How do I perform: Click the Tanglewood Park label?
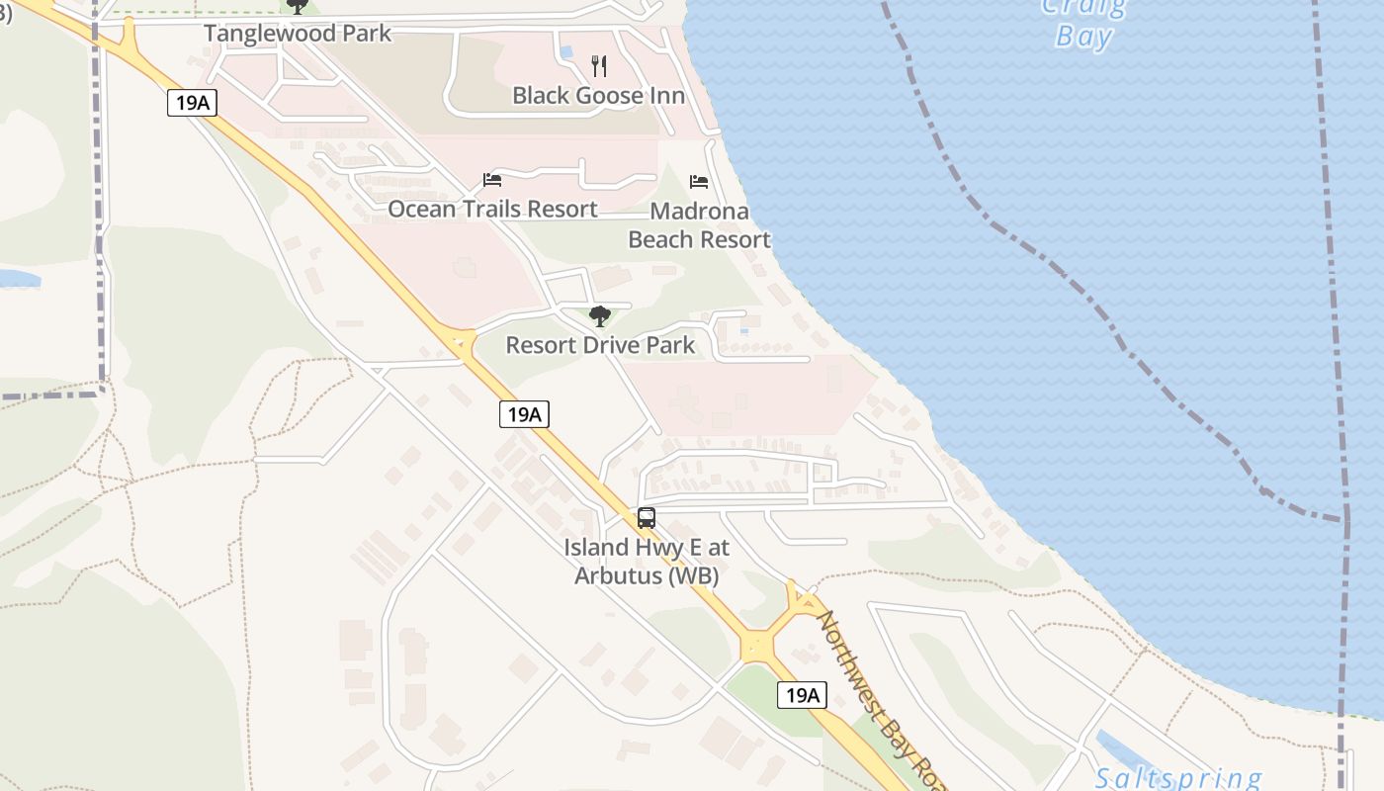point(298,33)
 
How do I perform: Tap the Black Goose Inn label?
point(598,96)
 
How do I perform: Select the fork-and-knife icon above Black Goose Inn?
point(598,66)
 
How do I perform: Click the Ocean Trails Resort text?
point(492,209)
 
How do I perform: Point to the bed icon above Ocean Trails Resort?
point(492,180)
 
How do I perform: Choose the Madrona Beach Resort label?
point(699,225)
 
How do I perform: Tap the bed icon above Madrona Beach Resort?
point(699,182)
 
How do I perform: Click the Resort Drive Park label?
point(600,345)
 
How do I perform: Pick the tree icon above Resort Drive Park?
point(599,316)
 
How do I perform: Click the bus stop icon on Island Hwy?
point(646,517)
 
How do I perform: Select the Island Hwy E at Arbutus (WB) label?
point(646,561)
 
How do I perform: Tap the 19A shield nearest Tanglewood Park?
point(192,102)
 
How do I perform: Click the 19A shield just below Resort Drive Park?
point(523,414)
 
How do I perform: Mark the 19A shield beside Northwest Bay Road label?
point(801,695)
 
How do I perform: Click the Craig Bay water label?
point(1084,22)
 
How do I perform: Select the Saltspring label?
point(1177,778)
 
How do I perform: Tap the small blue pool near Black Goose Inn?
point(565,50)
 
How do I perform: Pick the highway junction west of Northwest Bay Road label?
point(758,647)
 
